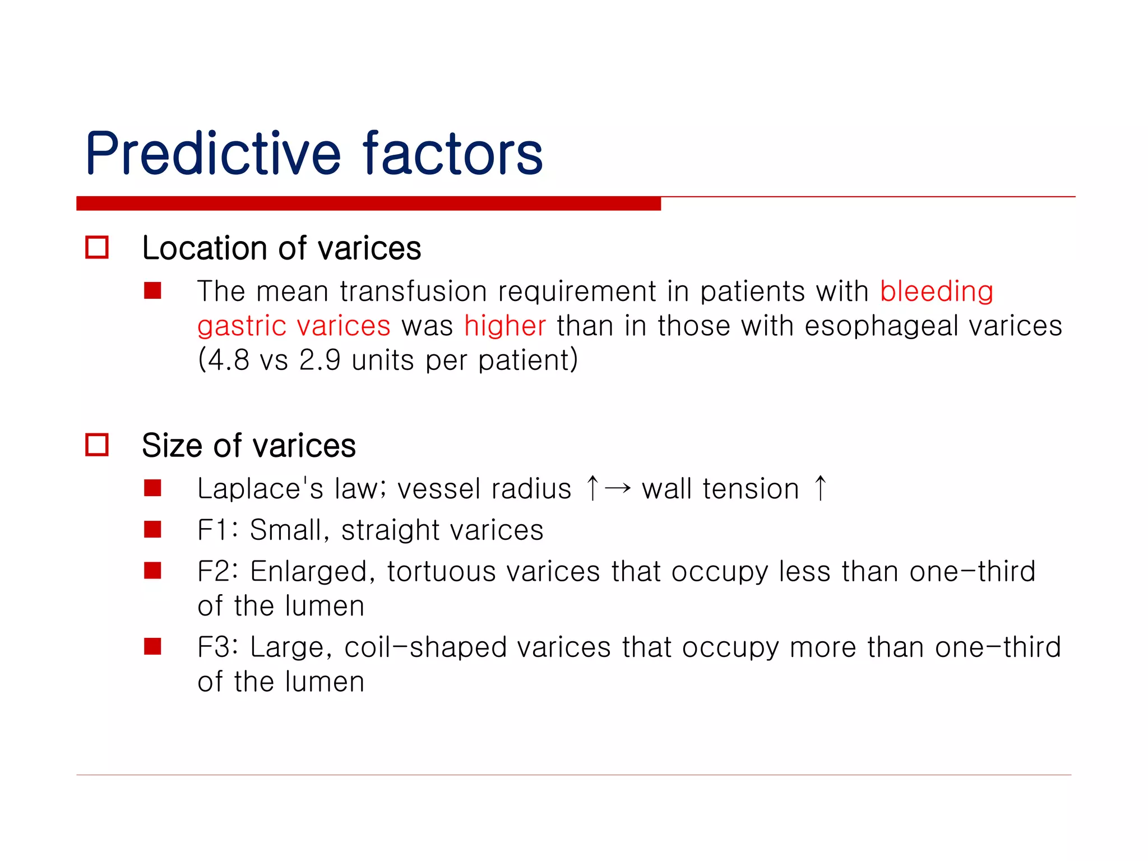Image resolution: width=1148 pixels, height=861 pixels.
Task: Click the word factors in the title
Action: pos(453,153)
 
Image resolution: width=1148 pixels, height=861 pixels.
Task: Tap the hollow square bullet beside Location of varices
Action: pos(97,247)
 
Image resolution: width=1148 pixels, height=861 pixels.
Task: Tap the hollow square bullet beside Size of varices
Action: pos(97,445)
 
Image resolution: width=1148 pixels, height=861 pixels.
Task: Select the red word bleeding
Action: pos(936,292)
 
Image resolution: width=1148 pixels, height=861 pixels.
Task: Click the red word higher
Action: pos(504,326)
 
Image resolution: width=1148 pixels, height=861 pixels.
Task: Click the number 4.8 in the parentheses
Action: pos(228,360)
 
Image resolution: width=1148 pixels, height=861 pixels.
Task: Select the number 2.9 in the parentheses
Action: pos(320,360)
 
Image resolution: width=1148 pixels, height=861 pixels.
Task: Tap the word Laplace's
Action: pos(260,488)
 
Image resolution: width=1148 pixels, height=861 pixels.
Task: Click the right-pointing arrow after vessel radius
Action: pos(618,488)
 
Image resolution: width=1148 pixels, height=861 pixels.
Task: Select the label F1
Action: pos(213,530)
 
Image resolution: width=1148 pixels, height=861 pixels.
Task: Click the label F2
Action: pos(214,572)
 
